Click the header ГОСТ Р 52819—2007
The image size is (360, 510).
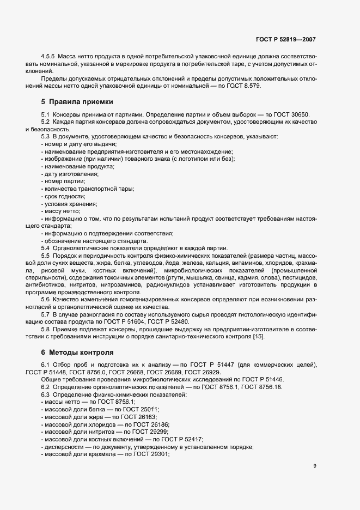click(x=285, y=40)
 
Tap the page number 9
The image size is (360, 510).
click(x=315, y=465)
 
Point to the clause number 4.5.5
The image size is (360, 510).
click(x=48, y=57)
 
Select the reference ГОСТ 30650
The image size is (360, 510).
click(x=292, y=116)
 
